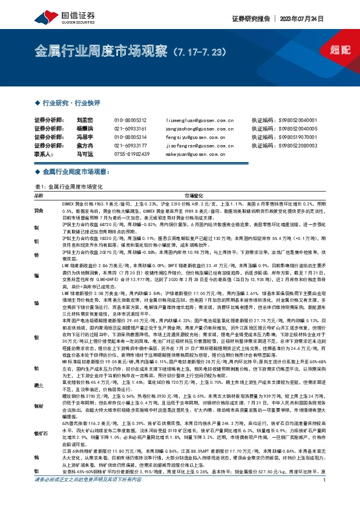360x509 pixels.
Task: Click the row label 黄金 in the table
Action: click(x=38, y=210)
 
